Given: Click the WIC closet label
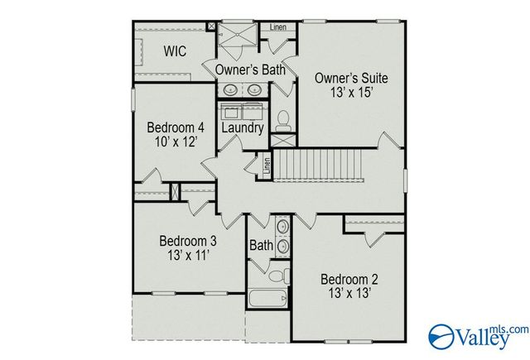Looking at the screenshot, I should [175, 51].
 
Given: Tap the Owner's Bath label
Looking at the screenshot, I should [251, 70].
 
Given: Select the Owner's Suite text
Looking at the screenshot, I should [351, 79].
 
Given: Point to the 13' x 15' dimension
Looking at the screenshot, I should [351, 94].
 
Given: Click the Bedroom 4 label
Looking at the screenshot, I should [176, 127].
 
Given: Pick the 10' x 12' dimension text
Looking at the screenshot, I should [176, 142].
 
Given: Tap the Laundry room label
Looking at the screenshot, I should [243, 128].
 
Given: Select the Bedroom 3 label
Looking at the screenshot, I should [188, 241].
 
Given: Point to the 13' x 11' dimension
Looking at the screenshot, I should [188, 256].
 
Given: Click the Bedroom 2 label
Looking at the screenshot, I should [349, 278].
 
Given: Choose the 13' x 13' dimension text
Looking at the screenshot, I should [349, 293].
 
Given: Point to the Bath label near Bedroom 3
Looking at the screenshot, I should [261, 246].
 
